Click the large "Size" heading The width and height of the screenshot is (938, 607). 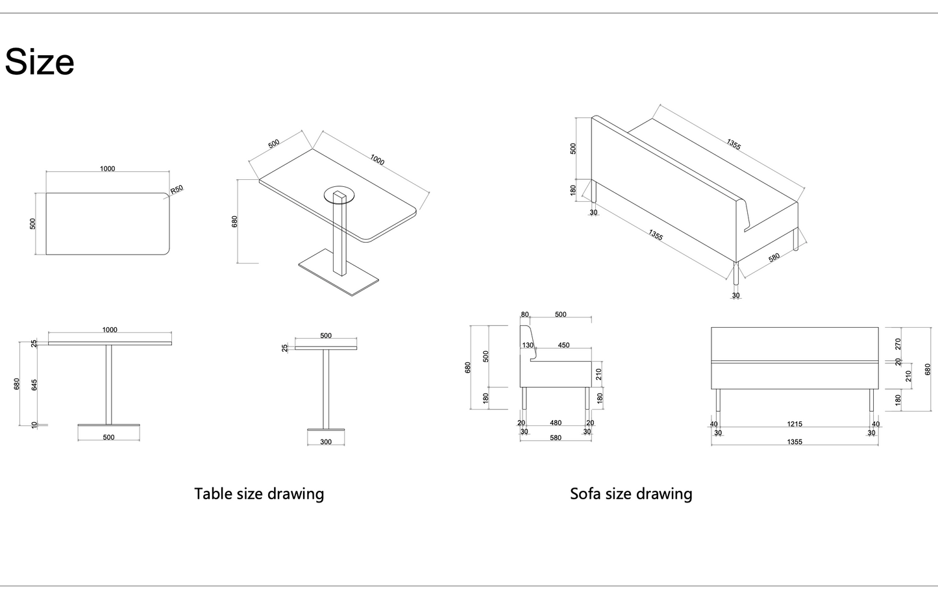[40, 62]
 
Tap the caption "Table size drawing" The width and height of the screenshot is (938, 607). [259, 494]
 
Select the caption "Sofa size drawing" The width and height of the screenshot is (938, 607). [631, 494]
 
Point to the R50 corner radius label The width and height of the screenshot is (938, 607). [177, 190]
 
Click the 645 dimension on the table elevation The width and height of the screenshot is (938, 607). [34, 385]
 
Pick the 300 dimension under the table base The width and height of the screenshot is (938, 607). [326, 442]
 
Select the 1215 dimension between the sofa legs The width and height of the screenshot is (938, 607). [795, 424]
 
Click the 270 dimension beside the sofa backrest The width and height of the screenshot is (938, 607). [898, 343]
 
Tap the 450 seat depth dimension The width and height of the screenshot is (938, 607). [563, 345]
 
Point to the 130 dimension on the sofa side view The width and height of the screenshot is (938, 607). [528, 345]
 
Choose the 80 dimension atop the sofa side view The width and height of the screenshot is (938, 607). [525, 315]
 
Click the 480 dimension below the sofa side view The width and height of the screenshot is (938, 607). [556, 423]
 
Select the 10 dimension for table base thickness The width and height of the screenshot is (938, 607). [34, 425]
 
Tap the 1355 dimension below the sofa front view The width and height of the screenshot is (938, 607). [795, 442]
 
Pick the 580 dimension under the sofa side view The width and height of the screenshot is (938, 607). [556, 438]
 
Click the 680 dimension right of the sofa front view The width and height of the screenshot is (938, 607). [928, 369]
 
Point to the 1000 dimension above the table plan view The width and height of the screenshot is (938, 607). [108, 169]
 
